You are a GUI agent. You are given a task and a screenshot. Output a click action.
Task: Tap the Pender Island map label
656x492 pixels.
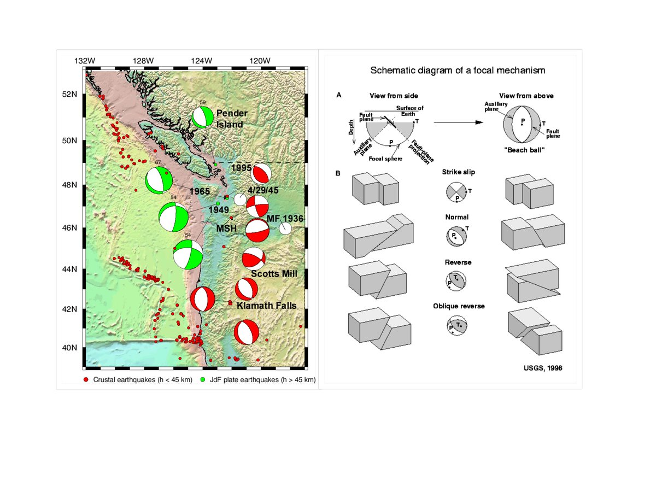click(x=232, y=119)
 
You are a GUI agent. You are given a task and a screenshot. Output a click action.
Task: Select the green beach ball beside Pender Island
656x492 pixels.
click(x=203, y=117)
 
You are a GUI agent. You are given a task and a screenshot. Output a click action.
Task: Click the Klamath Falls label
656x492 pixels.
click(x=267, y=306)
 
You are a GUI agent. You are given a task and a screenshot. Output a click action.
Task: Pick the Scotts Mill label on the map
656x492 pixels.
click(x=274, y=273)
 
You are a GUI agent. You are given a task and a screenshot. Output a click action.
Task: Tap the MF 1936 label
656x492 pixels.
click(x=285, y=219)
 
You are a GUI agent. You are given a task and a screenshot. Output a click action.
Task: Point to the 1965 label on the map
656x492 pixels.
click(x=200, y=192)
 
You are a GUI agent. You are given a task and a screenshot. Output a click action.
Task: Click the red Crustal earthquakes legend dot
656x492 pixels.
click(x=86, y=379)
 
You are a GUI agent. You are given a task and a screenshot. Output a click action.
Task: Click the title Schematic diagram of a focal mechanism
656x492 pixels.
click(x=458, y=70)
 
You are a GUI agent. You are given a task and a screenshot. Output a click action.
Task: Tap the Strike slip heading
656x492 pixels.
click(x=458, y=172)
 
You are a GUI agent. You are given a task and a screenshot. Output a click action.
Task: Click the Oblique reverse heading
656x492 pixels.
click(x=458, y=306)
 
